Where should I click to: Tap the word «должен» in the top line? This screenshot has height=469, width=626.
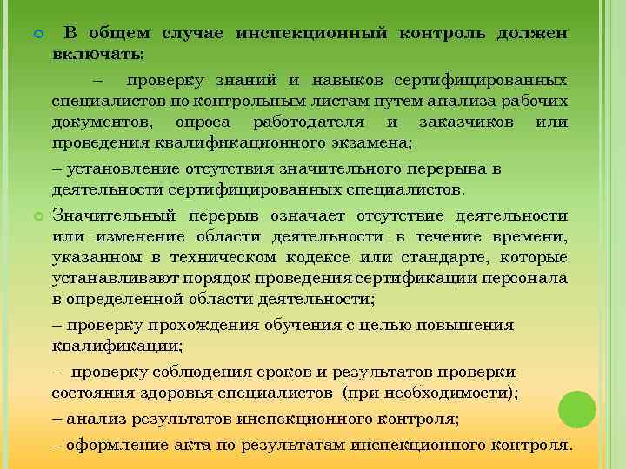pyautogui.click(x=533, y=33)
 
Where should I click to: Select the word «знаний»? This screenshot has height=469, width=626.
pyautogui.click(x=250, y=81)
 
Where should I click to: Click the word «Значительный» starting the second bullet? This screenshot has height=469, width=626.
pyautogui.click(x=114, y=216)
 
